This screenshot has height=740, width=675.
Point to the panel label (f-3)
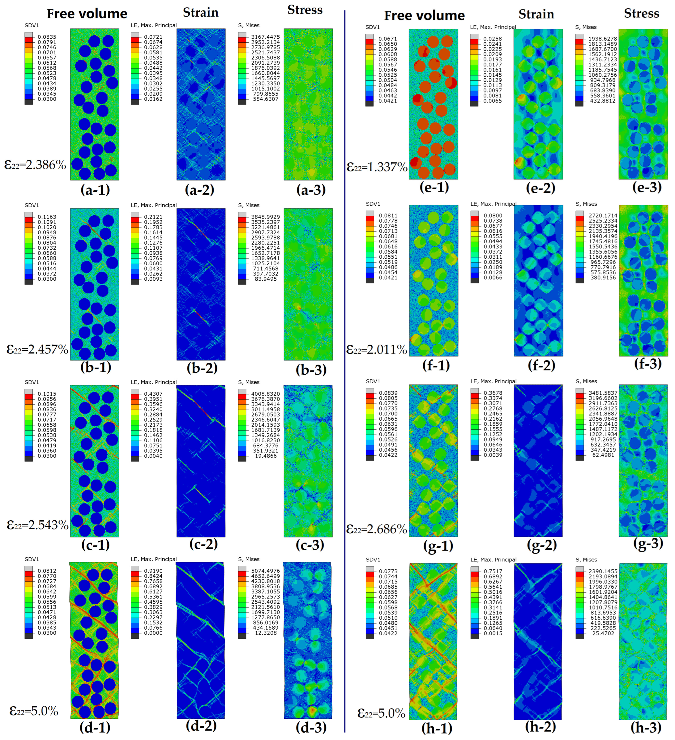(x=648, y=363)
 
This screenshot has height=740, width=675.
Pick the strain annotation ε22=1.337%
(x=377, y=167)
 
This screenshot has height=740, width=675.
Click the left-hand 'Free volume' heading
(x=87, y=14)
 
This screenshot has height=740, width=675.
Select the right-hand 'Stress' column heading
(x=642, y=14)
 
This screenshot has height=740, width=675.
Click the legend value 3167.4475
(x=265, y=37)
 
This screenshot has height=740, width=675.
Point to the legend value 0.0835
(x=47, y=37)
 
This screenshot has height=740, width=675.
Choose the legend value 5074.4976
(x=265, y=571)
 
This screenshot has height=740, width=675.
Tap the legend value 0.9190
(x=153, y=571)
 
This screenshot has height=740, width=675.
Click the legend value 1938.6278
(x=603, y=39)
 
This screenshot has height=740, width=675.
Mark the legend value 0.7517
(x=493, y=571)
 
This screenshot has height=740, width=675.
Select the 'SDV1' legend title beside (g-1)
(x=373, y=381)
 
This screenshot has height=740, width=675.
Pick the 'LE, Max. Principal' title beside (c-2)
(x=154, y=382)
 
